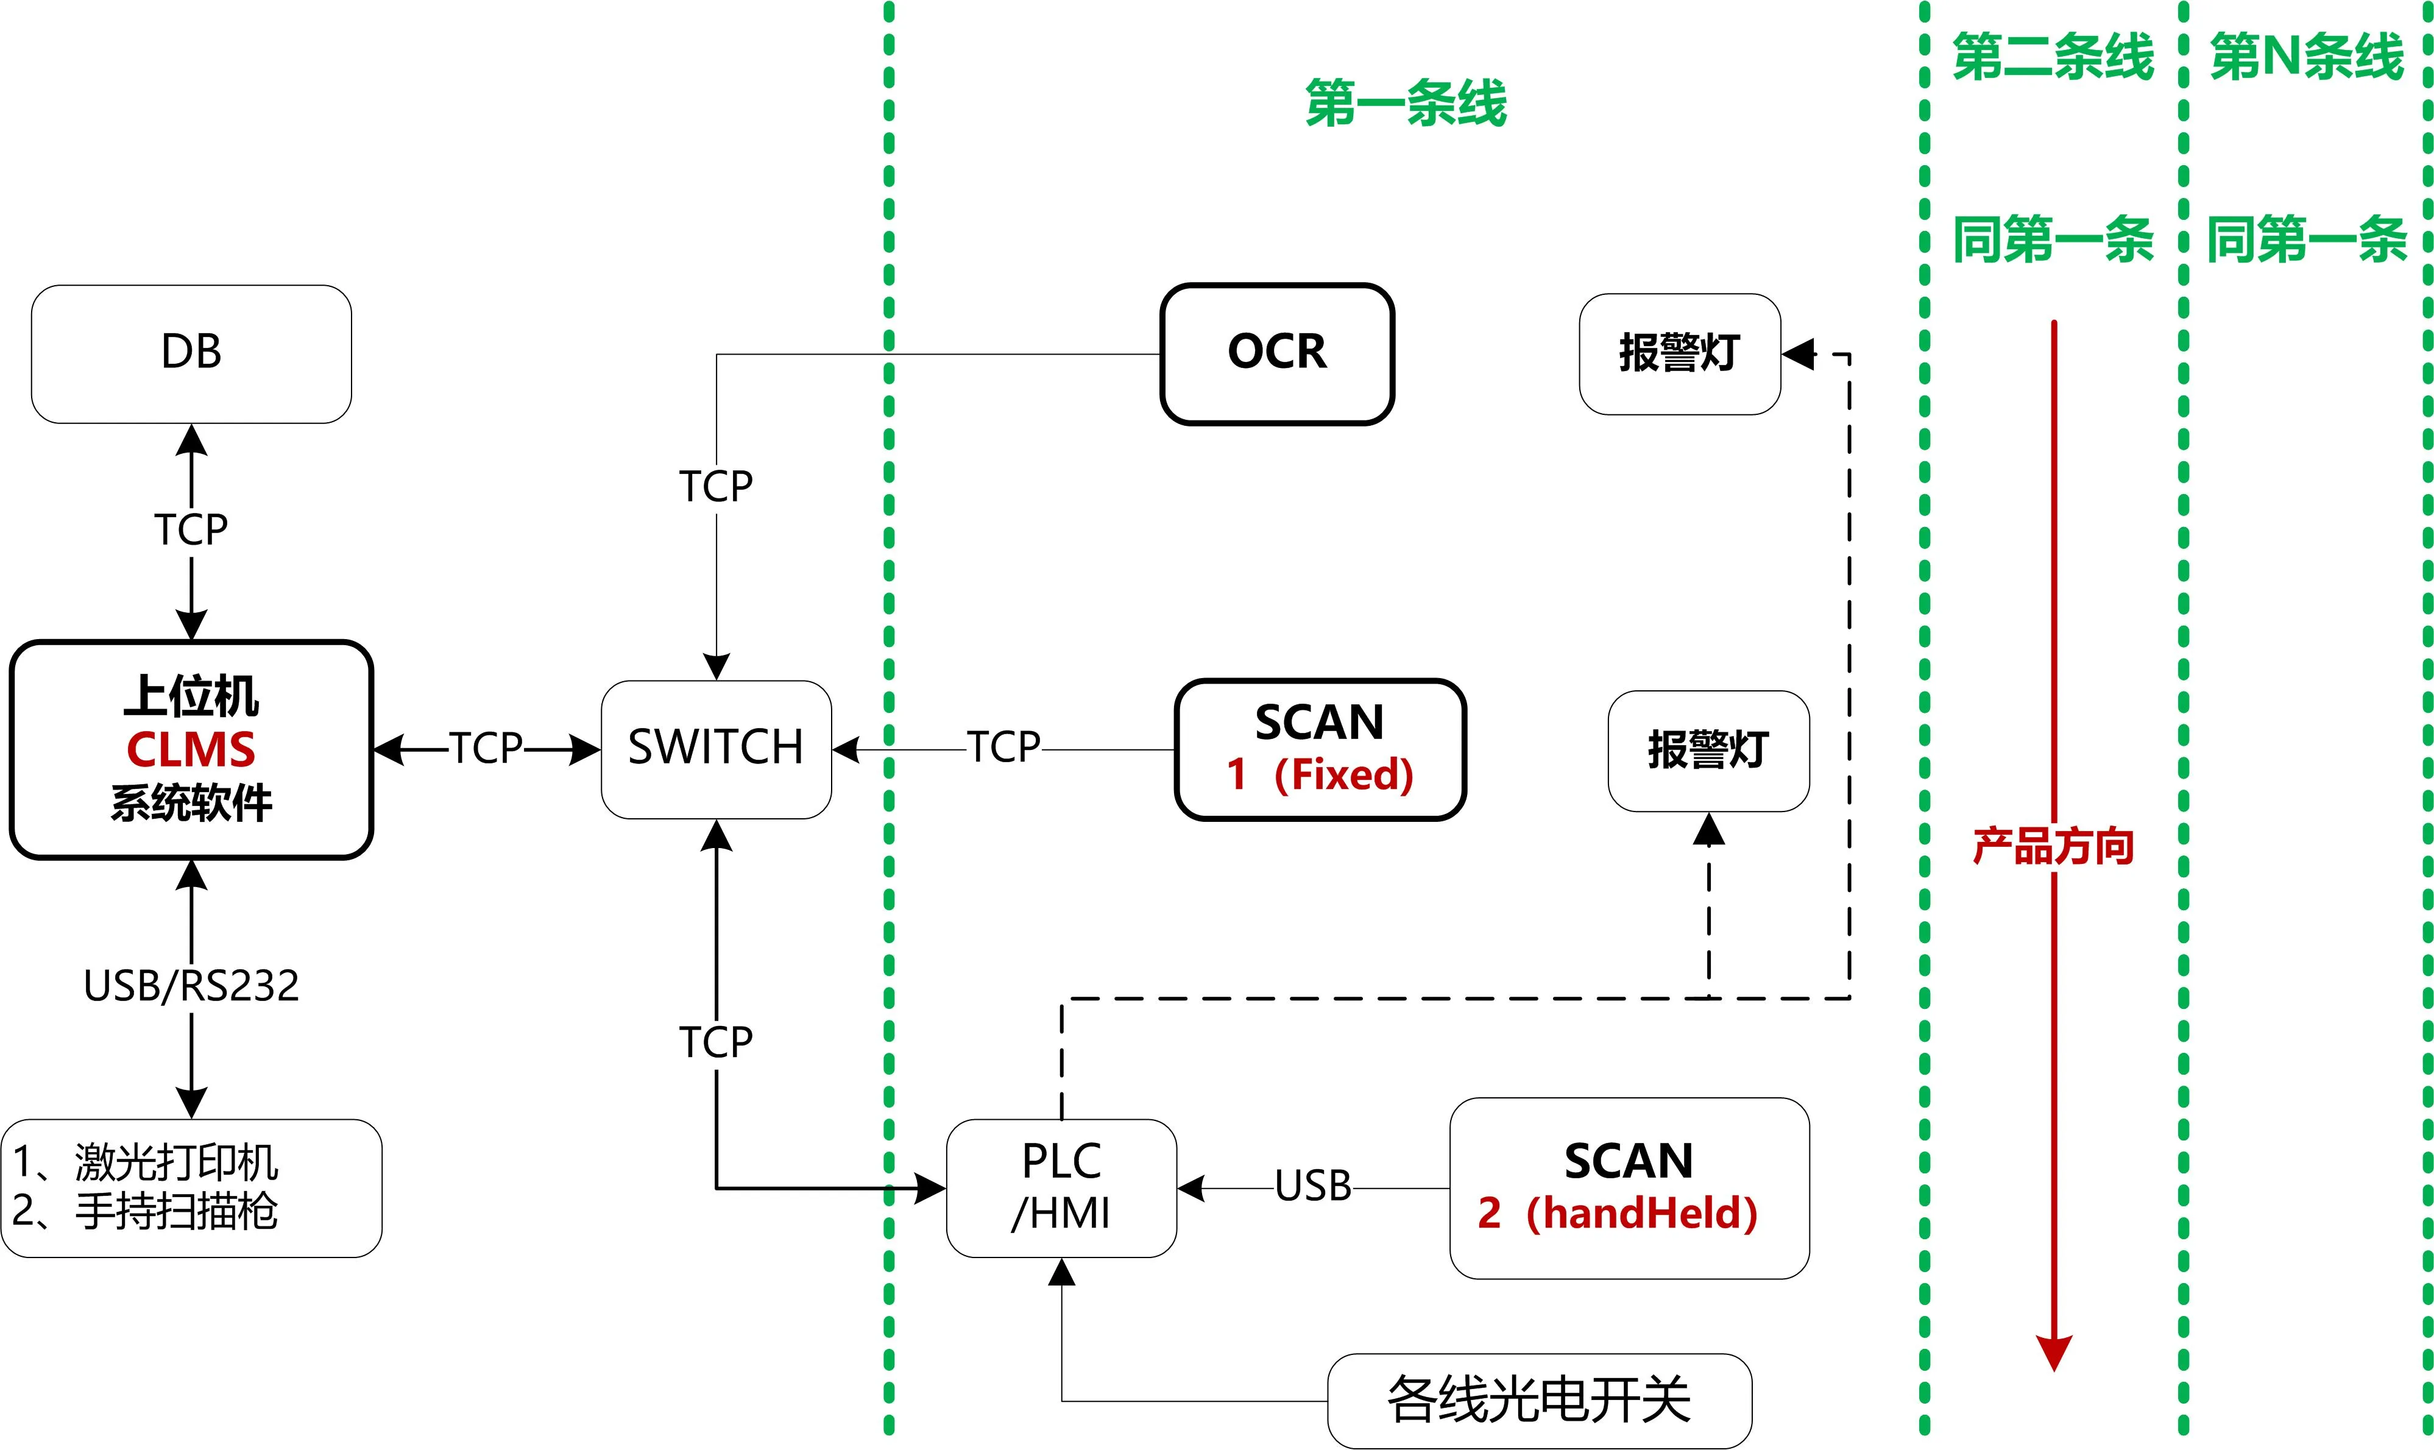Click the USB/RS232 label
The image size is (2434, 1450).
pos(191,986)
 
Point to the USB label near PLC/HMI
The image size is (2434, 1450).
pos(1312,1186)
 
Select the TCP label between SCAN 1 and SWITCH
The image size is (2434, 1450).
pos(1003,748)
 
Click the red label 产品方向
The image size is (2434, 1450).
pos(2053,846)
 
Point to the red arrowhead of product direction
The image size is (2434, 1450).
pos(2053,1353)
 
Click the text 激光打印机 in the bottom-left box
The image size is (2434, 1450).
pos(176,1162)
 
